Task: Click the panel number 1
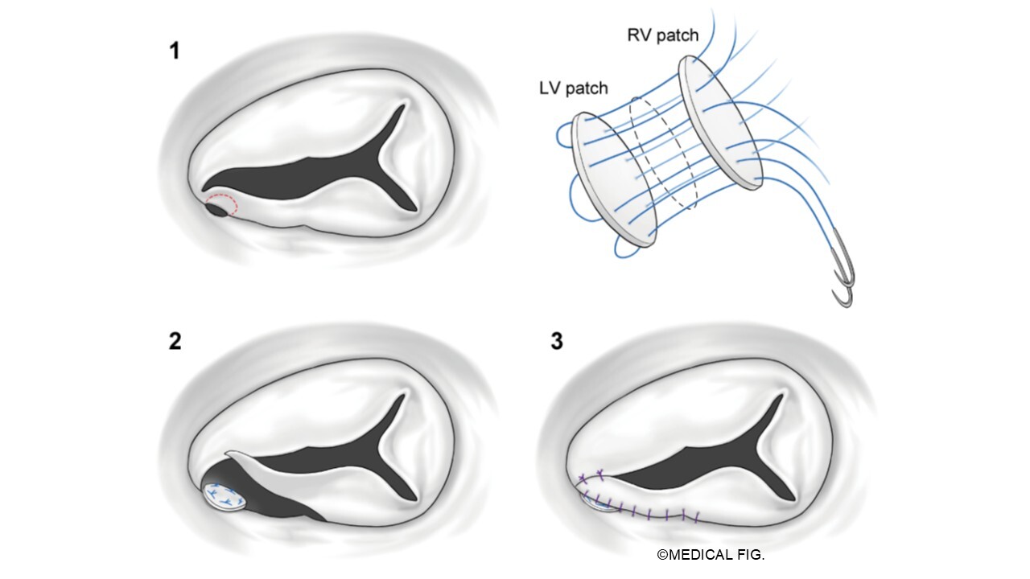175,51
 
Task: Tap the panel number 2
175,342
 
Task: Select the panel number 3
557,342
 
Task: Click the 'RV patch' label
662,35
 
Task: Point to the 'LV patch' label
574,88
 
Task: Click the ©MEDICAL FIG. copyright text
711,555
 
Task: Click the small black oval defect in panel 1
216,210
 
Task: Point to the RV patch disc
720,123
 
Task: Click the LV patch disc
613,180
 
